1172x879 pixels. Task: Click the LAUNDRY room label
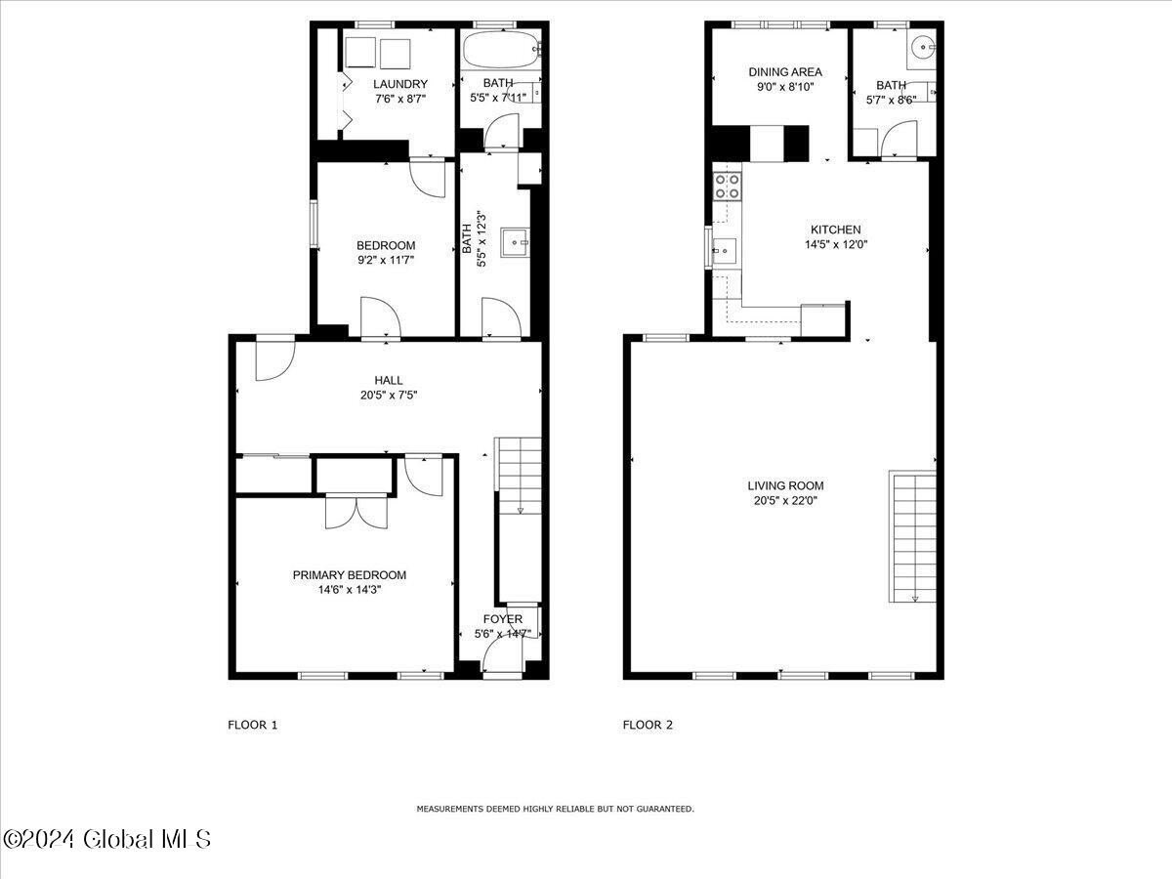pos(399,84)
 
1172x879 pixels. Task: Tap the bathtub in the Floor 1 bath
pos(502,49)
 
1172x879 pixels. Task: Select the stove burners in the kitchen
pos(728,187)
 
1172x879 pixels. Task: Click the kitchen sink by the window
pos(725,250)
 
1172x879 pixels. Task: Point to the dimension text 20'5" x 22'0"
pos(785,501)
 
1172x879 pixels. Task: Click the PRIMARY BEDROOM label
pos(350,575)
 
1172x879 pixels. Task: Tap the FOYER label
pos(502,618)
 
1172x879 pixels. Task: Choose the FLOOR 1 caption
pos(253,725)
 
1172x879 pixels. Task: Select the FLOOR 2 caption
pos(648,725)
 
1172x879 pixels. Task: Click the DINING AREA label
pos(785,71)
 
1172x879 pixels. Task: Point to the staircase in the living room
pos(912,536)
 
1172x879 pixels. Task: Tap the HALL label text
pos(388,380)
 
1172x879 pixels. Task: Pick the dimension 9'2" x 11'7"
pos(386,260)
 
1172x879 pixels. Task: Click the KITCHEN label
pos(836,230)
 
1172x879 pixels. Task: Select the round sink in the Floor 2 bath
pos(923,48)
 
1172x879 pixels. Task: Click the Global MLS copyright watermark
pos(106,840)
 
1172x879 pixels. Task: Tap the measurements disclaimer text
pos(556,809)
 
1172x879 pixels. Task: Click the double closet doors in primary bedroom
pos(356,512)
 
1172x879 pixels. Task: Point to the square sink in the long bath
pos(515,243)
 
